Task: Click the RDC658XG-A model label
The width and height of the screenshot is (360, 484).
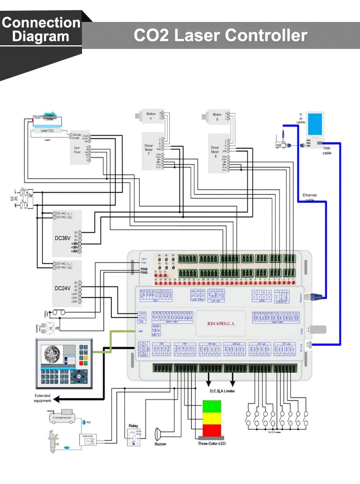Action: (221, 324)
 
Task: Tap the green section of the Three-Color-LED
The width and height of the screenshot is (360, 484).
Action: (212, 406)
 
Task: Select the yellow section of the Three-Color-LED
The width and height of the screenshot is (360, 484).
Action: (212, 418)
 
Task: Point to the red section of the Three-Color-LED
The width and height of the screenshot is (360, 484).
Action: (212, 430)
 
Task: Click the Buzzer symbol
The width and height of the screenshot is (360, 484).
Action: (158, 434)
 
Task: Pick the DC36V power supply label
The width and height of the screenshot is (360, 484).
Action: (62, 238)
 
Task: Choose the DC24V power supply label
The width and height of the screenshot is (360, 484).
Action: (62, 288)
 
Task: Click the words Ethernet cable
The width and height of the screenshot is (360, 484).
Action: (309, 197)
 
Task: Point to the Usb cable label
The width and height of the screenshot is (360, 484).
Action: (327, 150)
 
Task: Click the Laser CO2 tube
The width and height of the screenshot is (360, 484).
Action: (47, 131)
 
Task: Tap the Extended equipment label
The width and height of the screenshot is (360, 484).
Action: (42, 398)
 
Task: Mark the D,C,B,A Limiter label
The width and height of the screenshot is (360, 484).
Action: (222, 391)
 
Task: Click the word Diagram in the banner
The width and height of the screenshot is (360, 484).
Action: (40, 37)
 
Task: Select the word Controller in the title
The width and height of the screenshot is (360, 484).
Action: (266, 35)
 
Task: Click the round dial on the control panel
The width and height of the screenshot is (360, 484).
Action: (79, 377)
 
